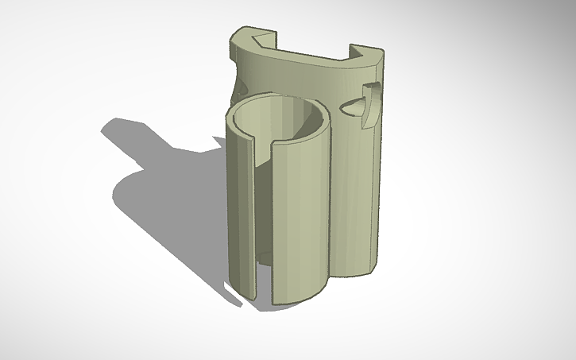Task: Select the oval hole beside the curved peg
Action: [x=350, y=106]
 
